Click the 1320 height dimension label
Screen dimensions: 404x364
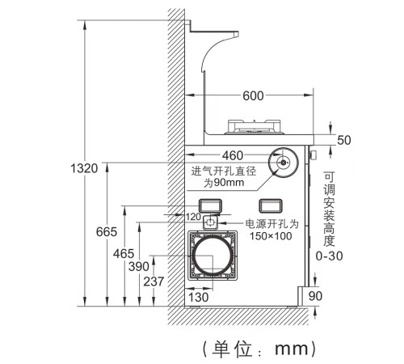(84, 168)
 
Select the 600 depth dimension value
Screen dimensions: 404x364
(253, 95)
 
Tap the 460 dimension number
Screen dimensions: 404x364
(233, 155)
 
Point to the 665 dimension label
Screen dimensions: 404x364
(107, 232)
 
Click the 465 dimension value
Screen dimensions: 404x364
(124, 254)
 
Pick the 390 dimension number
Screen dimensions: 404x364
(139, 267)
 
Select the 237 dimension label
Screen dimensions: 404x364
(154, 281)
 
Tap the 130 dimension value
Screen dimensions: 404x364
(198, 298)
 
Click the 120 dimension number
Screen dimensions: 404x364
(193, 217)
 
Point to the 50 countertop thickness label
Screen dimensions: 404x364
(344, 140)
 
